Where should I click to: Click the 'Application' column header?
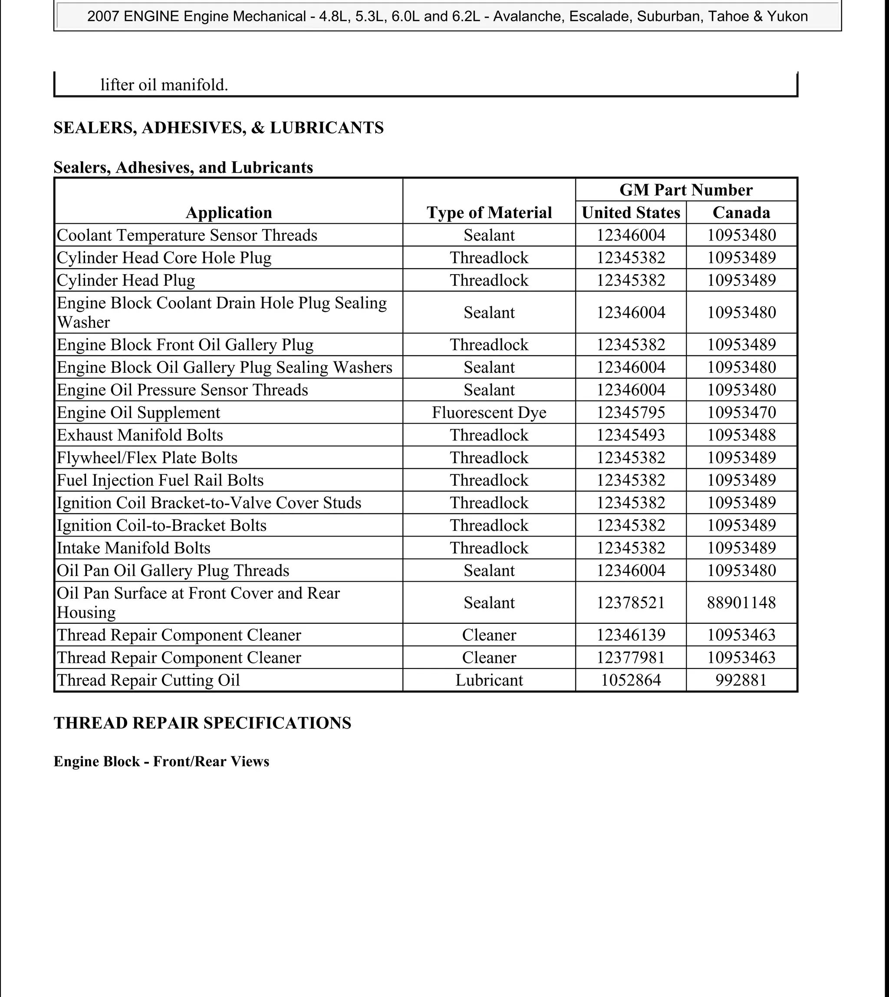coord(229,212)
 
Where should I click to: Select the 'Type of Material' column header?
coord(489,212)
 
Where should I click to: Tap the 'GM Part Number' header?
coord(686,189)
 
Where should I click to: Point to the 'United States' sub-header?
coord(631,212)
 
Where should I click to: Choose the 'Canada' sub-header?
coord(741,212)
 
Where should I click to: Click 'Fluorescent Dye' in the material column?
coord(489,413)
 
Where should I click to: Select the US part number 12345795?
coord(631,413)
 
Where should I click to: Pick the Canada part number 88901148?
coord(741,603)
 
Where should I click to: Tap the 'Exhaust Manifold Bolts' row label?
coord(140,435)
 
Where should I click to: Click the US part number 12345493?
coord(631,435)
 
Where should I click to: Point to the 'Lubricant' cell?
coord(489,680)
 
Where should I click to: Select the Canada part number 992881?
coord(741,680)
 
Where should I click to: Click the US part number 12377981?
coord(631,658)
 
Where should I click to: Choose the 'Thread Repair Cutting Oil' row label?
coord(148,680)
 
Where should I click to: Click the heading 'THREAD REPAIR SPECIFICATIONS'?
coord(202,723)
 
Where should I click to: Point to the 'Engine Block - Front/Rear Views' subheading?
coord(161,762)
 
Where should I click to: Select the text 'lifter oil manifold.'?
coord(164,85)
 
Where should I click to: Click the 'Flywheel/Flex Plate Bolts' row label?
coord(147,458)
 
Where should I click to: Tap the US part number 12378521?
coord(631,603)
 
